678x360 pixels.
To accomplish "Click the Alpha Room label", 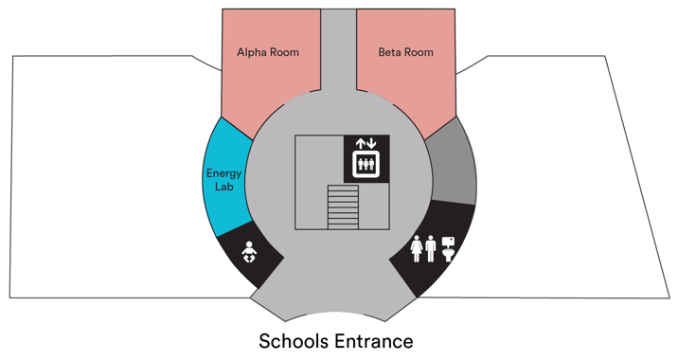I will point(268,53).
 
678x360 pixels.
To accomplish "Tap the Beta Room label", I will point(405,53).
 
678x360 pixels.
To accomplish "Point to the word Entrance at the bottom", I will point(373,340).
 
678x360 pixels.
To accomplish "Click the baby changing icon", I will point(250,255).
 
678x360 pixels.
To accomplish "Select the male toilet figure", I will point(431,249).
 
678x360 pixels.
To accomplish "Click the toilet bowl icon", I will point(450,248).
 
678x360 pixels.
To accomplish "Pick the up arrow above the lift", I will point(360,144).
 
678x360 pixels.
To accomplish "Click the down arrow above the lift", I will point(371,144).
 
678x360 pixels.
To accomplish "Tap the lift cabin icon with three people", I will point(366,164).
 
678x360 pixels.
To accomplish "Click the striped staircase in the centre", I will point(344,207).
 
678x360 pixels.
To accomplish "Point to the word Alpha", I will point(251,53).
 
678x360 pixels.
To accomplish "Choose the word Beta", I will point(391,53).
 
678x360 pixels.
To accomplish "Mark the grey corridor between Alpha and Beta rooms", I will point(338,47).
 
